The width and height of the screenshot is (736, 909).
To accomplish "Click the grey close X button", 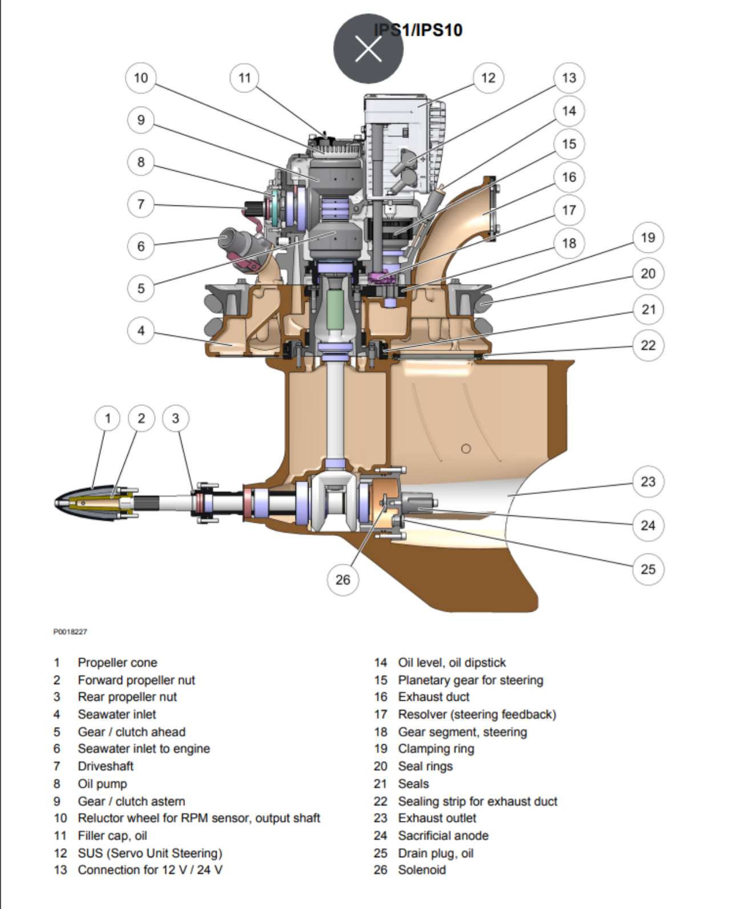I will coord(368,49).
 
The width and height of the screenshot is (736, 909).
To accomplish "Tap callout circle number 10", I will coord(141,78).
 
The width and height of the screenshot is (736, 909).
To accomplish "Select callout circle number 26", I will coord(343,580).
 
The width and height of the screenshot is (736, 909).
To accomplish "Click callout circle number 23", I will coord(648,482).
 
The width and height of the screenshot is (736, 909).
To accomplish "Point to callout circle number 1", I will coord(108,418).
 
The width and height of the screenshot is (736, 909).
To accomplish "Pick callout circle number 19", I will coord(648,237).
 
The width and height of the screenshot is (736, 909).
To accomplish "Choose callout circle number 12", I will coord(488,78).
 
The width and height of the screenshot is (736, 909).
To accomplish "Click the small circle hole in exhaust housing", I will coord(466,449).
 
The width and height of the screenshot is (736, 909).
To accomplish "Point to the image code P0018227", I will coord(70,632).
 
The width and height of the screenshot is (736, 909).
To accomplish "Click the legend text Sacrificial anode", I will coord(443,835).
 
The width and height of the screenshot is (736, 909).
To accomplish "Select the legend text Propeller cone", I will coord(118,662).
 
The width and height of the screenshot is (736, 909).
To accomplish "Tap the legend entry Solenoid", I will coord(422,870).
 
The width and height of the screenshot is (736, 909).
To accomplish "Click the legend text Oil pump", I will coord(103,783).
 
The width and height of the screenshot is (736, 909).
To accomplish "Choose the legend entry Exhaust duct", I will coord(434,697).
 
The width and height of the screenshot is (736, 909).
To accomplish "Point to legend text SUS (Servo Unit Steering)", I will coord(150,853).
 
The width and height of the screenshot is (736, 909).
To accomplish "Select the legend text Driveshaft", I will coord(106,766).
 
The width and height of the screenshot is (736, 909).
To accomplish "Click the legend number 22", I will coord(381,801).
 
